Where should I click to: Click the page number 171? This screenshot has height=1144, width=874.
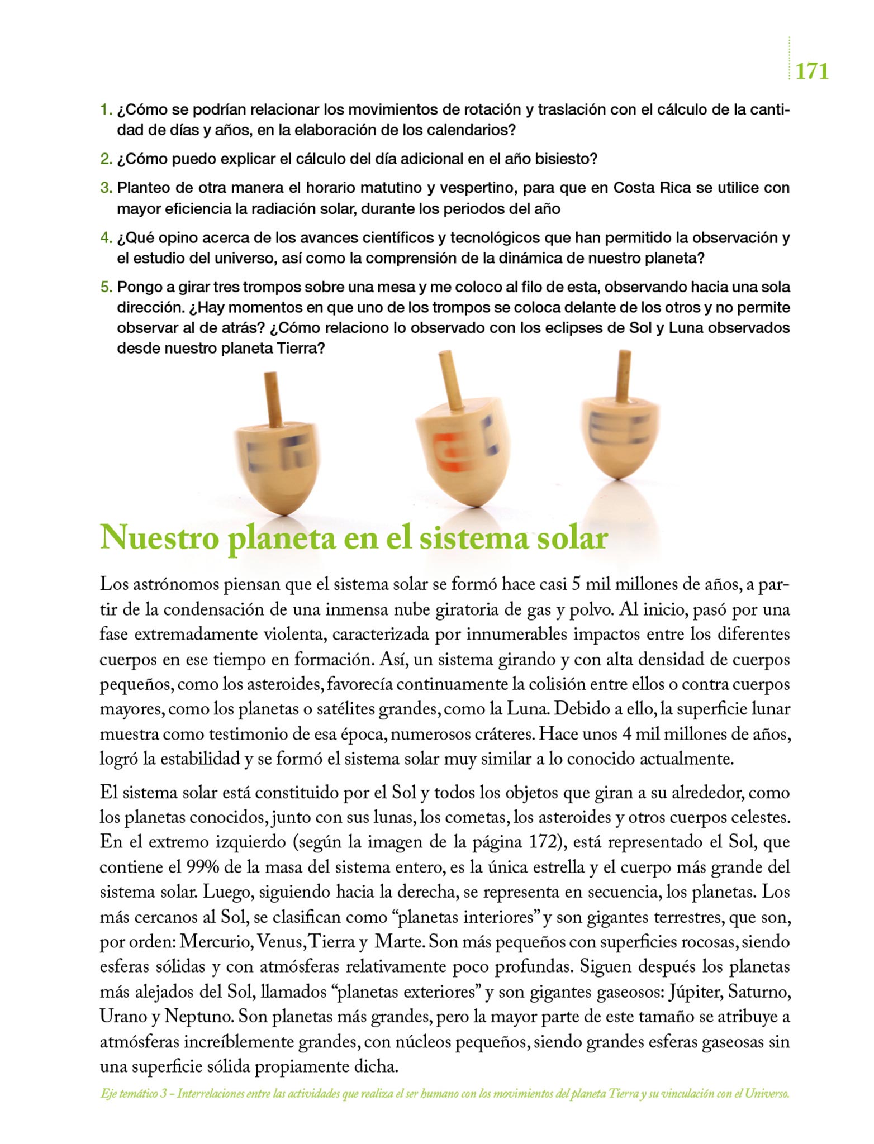(x=811, y=71)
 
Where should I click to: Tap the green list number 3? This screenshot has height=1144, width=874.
(x=106, y=188)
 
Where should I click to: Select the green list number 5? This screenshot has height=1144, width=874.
(x=106, y=288)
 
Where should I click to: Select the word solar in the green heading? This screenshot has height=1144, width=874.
(x=572, y=538)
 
